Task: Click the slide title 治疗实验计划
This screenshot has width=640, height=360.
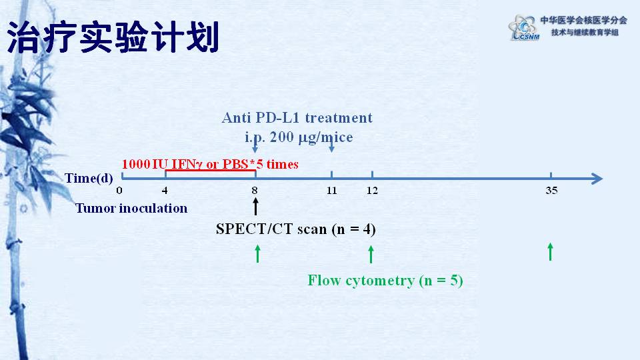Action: click(113, 37)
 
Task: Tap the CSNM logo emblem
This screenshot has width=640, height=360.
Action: click(523, 28)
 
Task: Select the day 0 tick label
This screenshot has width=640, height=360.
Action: click(119, 191)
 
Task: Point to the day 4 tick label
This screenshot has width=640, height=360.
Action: click(165, 191)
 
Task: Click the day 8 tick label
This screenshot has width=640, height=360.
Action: click(255, 191)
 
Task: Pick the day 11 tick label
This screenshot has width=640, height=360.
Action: click(332, 191)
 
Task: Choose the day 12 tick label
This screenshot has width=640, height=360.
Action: click(372, 191)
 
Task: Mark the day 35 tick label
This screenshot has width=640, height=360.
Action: click(551, 191)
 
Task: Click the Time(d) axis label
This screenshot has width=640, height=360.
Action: click(89, 179)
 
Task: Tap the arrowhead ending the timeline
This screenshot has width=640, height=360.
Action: click(597, 179)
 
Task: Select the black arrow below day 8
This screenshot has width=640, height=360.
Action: click(255, 207)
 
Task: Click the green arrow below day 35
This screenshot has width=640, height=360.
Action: click(551, 252)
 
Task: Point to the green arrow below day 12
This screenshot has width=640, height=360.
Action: click(371, 254)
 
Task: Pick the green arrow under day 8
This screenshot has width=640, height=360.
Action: click(257, 254)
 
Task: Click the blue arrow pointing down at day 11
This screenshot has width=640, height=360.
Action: click(332, 145)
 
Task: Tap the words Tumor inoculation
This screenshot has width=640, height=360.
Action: click(131, 209)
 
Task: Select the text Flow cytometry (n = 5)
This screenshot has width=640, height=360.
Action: click(385, 281)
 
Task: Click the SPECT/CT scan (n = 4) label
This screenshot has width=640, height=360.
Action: click(296, 229)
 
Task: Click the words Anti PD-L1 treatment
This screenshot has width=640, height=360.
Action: click(297, 118)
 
